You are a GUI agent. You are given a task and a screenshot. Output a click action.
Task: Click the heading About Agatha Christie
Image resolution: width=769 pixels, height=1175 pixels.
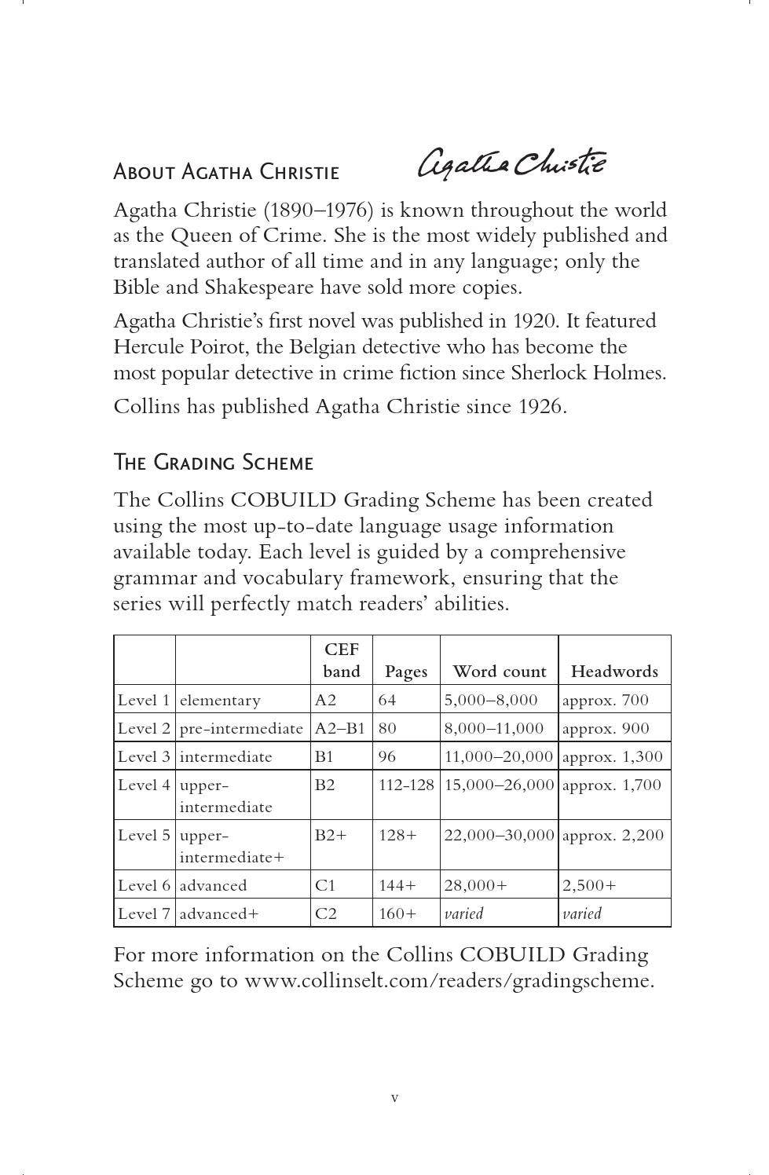[x=226, y=172]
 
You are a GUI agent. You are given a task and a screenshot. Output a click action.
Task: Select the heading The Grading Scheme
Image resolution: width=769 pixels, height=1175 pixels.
[x=213, y=463]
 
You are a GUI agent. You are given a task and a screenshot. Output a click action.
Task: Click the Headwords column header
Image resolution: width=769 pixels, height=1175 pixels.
[x=614, y=672]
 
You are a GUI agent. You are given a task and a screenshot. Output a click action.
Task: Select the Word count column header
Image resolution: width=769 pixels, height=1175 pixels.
[x=499, y=672]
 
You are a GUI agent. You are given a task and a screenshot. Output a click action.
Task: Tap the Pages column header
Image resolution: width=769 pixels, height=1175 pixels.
[x=406, y=672]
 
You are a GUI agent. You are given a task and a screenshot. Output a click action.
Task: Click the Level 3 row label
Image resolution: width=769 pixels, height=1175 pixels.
[x=144, y=756]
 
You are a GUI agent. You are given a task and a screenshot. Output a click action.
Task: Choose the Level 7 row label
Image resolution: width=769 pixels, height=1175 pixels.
[x=144, y=913]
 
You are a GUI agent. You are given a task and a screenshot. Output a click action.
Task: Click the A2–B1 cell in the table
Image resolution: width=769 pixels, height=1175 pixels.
[x=340, y=728]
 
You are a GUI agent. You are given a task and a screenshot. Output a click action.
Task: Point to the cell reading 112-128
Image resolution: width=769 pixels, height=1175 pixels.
[x=406, y=785]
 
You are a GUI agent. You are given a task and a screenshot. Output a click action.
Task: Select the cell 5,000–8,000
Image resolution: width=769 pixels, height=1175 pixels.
[x=491, y=700]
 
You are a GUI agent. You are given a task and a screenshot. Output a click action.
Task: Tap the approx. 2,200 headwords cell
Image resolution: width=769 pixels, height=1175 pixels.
[x=613, y=835]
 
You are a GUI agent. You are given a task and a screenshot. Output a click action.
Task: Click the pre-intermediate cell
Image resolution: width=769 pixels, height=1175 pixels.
[x=241, y=728]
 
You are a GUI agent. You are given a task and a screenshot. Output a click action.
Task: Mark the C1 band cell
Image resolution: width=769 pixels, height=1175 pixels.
[x=325, y=885]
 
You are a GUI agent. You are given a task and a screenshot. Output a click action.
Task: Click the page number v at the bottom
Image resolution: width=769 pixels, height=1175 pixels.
[x=394, y=1097]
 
